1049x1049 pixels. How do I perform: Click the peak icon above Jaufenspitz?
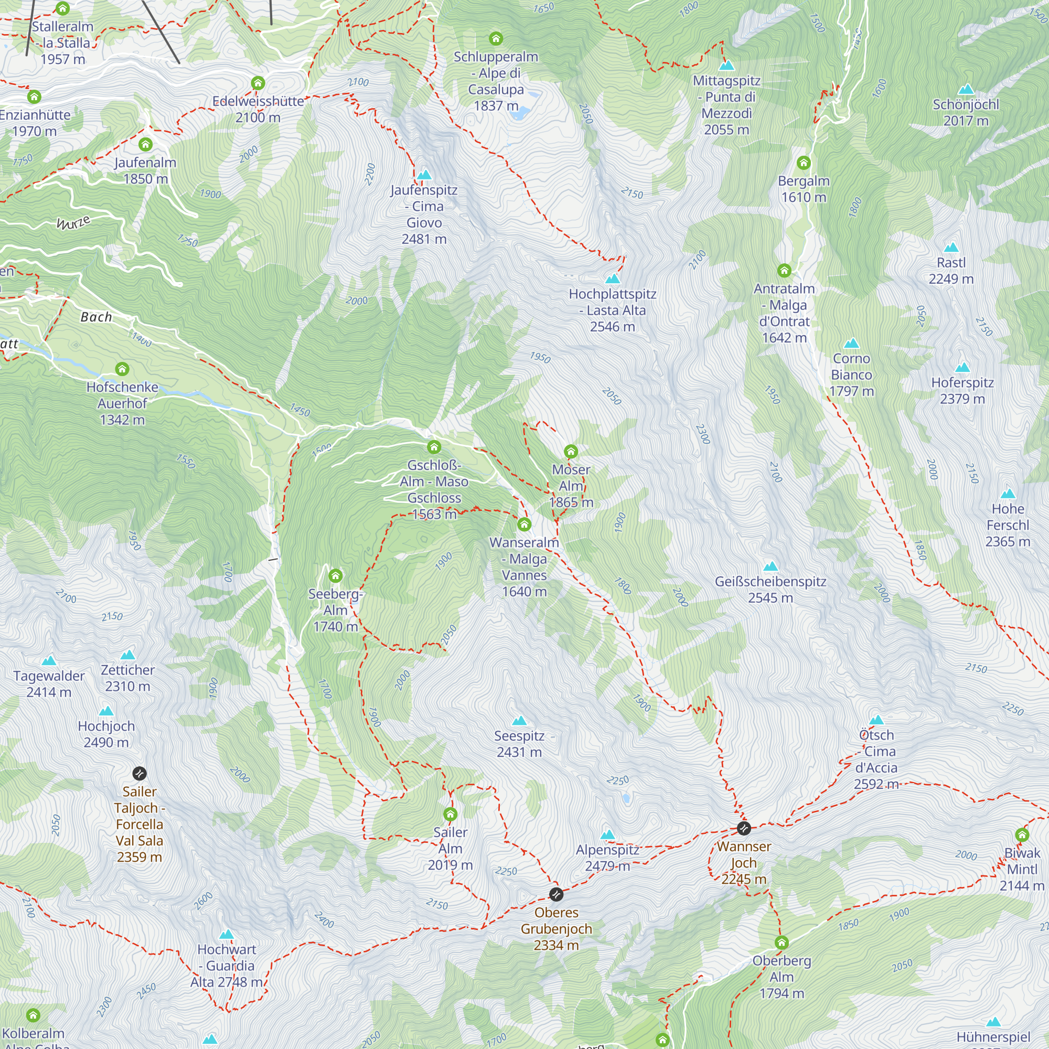424,175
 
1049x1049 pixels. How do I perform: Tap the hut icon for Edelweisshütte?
258,83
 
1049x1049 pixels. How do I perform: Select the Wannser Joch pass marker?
743,829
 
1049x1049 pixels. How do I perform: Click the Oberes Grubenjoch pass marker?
556,894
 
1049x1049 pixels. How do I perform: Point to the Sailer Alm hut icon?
450,815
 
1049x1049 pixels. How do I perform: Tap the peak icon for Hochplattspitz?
613,279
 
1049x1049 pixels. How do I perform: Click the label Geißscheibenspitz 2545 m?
770,590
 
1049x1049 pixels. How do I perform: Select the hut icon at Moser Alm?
571,451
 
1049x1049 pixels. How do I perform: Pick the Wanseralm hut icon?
524,524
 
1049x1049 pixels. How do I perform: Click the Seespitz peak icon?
519,721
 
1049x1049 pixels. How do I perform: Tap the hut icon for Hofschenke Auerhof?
122,369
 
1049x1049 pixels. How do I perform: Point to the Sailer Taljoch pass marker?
140,773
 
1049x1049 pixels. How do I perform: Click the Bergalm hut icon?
804,163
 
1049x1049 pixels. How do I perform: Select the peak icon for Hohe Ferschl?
1008,494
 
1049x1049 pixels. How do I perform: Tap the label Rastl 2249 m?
951,271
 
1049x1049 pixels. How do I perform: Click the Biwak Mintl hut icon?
1022,835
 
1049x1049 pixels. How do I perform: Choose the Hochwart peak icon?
227,935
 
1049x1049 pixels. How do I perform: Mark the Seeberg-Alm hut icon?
336,575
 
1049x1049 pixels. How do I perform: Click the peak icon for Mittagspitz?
726,66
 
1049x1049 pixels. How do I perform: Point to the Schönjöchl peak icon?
966,90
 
